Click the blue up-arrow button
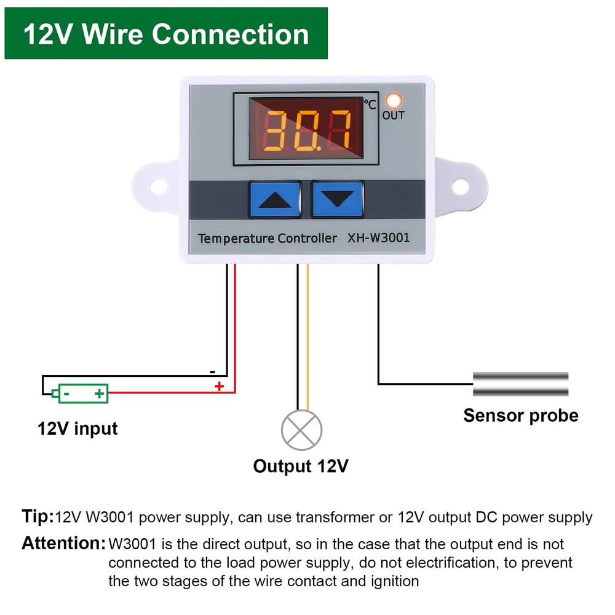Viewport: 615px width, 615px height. click(x=274, y=199)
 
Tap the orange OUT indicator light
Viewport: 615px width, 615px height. click(x=394, y=100)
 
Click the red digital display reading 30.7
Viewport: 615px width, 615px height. click(x=305, y=130)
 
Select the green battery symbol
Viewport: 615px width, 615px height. click(x=82, y=393)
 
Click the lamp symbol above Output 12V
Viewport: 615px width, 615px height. click(x=301, y=430)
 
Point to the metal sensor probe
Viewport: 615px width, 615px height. click(x=520, y=384)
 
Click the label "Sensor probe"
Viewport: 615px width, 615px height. click(x=520, y=416)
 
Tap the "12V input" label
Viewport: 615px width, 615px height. click(x=77, y=428)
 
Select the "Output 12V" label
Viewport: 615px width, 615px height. click(x=301, y=466)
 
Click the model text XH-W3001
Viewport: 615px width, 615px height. click(x=378, y=237)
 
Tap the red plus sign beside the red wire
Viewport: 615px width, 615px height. click(x=218, y=386)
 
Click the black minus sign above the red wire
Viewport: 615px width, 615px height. click(x=212, y=371)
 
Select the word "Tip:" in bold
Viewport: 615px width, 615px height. click(x=38, y=517)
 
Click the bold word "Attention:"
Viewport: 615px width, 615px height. click(x=63, y=544)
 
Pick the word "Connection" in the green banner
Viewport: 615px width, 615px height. click(x=231, y=34)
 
